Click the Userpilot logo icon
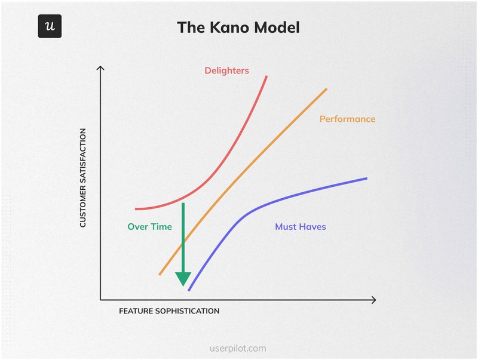point(50,26)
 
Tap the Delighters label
point(226,70)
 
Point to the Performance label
point(347,119)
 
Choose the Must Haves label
point(300,227)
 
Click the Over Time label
point(149,227)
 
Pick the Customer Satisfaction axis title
point(83,177)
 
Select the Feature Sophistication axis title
point(169,311)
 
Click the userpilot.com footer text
point(239,348)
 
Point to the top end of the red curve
point(266,76)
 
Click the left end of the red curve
point(136,209)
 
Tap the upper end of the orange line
point(327,89)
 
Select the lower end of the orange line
point(160,275)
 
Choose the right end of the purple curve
point(366,178)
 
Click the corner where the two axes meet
point(100,300)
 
